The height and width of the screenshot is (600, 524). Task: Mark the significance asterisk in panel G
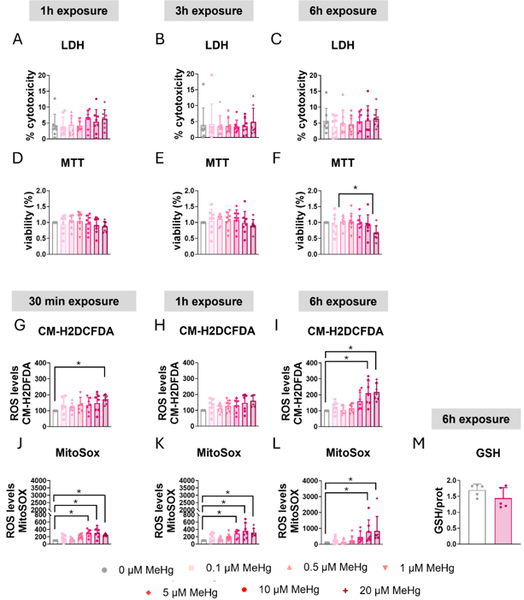[x=79, y=341]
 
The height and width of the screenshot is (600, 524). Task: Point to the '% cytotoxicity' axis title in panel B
[x=179, y=104]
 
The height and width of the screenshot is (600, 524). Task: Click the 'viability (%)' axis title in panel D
[x=27, y=225]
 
